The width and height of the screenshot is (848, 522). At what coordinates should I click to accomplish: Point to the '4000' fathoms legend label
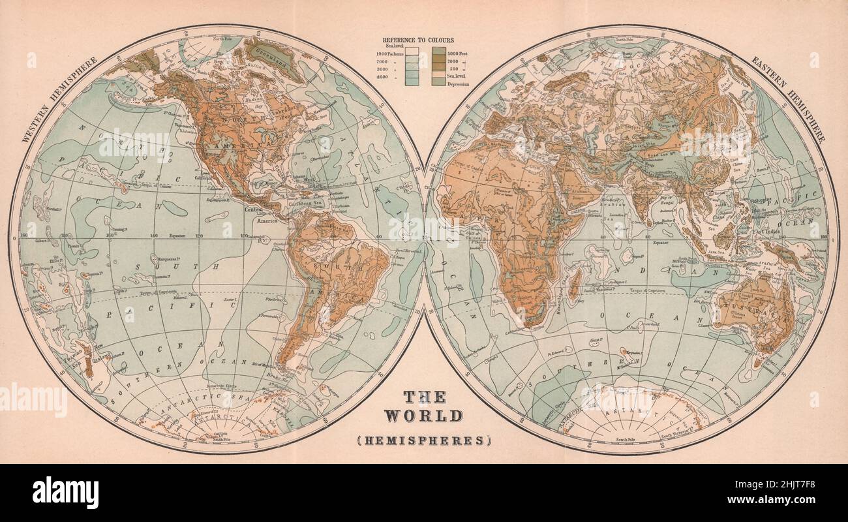[385, 77]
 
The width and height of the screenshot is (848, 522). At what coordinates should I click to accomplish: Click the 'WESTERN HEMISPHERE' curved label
[61, 98]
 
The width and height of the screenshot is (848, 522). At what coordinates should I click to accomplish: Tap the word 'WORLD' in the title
[423, 416]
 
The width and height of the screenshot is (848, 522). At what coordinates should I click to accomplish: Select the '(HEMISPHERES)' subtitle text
[423, 440]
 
